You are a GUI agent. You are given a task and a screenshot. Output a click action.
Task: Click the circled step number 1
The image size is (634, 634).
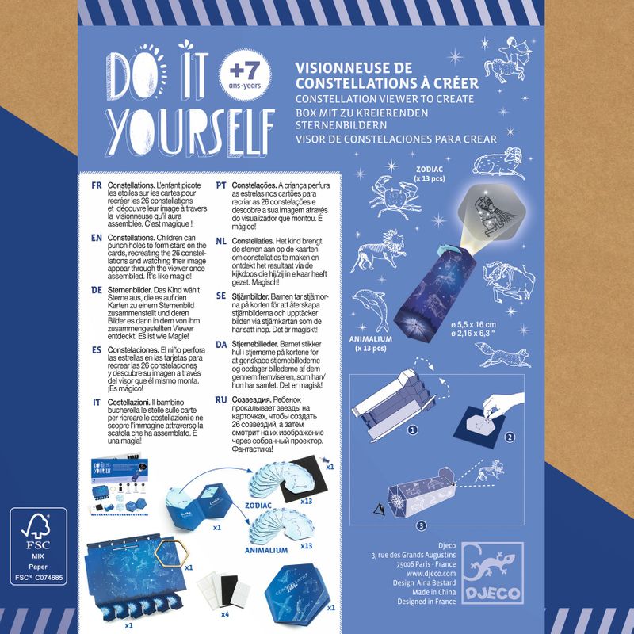click(413, 430)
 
